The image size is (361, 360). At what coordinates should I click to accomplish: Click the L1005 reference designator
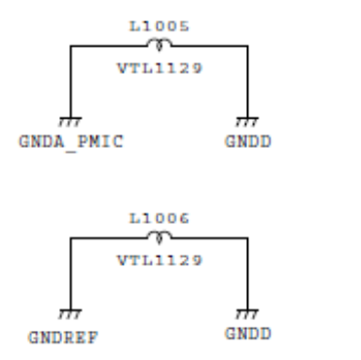tap(160, 26)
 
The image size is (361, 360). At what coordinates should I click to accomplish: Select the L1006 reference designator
tap(160, 218)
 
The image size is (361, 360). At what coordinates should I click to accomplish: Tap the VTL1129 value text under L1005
tap(160, 68)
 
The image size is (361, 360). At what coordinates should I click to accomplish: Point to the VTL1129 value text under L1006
tap(160, 260)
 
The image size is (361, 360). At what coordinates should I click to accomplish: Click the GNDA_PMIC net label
tap(71, 142)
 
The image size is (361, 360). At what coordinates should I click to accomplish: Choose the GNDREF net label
tap(63, 338)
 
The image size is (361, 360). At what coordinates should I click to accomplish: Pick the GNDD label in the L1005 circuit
tap(248, 142)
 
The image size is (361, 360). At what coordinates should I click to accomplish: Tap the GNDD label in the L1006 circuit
tap(248, 334)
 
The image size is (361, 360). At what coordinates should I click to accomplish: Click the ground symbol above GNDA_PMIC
tap(70, 122)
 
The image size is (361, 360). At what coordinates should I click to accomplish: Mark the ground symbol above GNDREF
tap(70, 314)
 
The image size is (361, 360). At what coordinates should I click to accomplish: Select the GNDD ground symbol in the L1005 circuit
tap(247, 122)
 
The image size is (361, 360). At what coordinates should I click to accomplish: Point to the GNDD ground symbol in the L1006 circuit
tap(247, 314)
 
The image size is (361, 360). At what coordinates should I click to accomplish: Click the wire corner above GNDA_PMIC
tap(71, 47)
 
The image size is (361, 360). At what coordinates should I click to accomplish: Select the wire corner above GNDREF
tap(71, 238)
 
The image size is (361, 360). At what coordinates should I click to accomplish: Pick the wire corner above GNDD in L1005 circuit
tap(248, 47)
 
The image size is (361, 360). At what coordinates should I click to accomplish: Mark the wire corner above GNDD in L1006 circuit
tap(248, 238)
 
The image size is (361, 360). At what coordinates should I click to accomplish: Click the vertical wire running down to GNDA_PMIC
tap(71, 82)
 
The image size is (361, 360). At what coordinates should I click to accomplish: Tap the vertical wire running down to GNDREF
tap(71, 274)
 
